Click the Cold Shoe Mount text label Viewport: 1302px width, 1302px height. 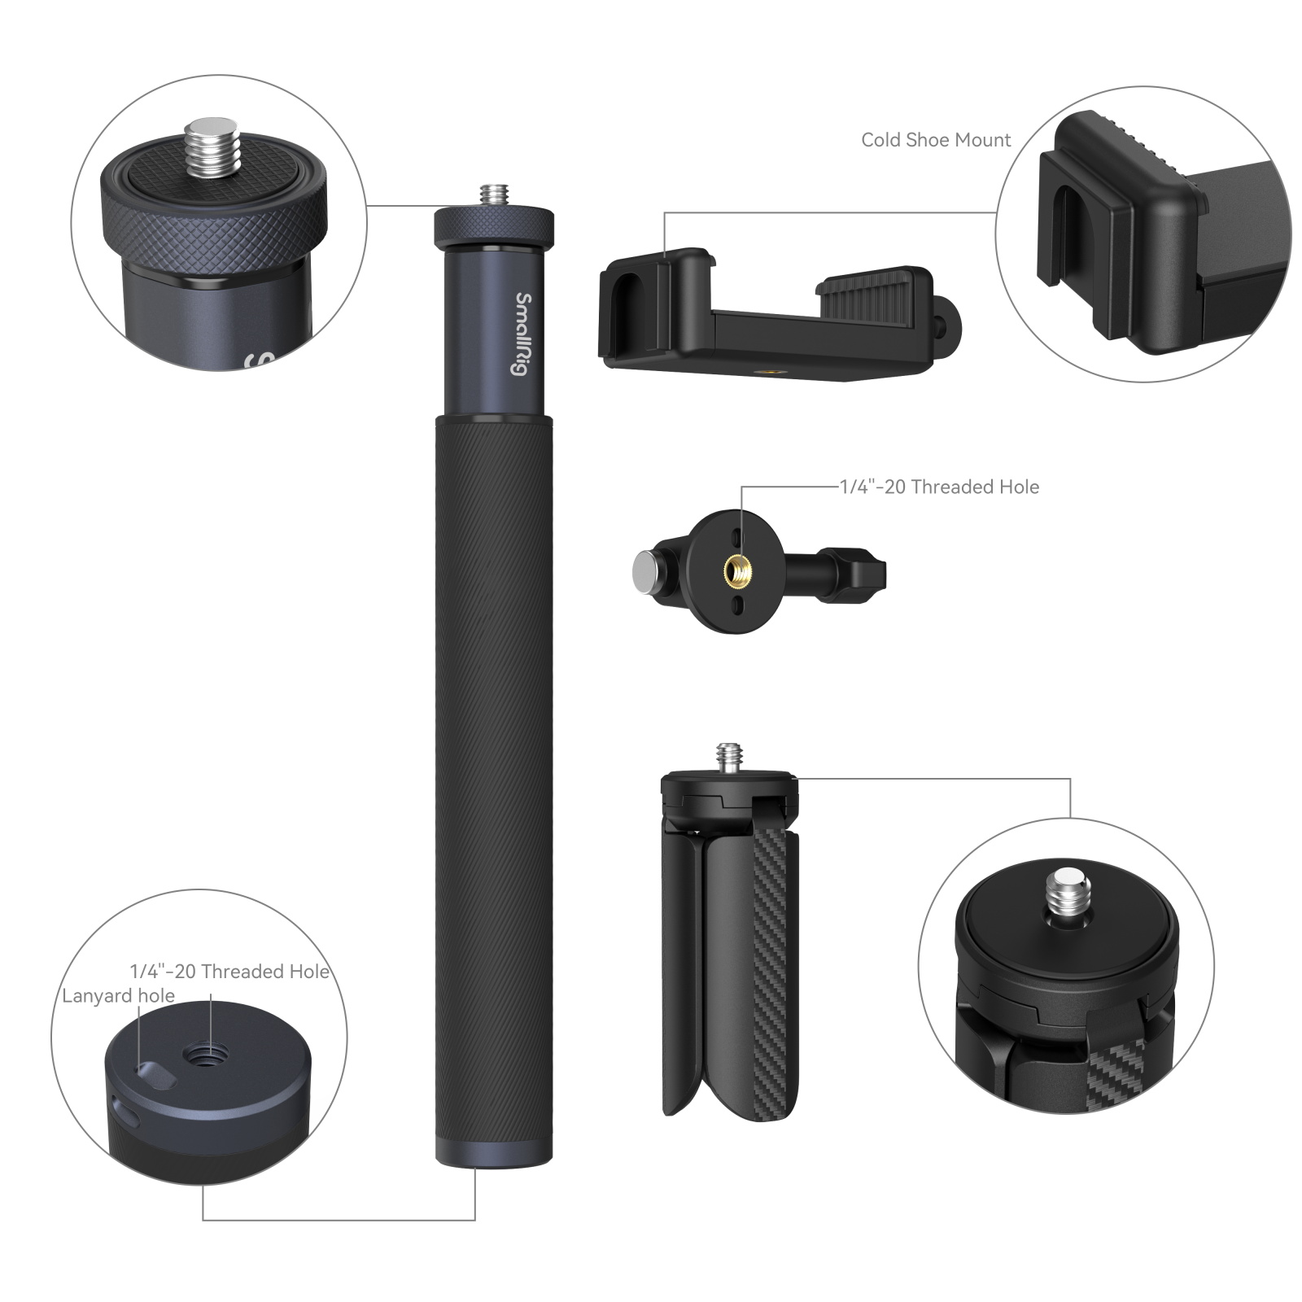(x=935, y=140)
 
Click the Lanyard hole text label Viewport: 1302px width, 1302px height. (x=118, y=996)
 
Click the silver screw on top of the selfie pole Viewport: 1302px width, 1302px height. (x=492, y=196)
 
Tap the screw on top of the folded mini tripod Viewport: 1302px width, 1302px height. (x=729, y=758)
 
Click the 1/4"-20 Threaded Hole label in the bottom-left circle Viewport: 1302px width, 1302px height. (x=229, y=971)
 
